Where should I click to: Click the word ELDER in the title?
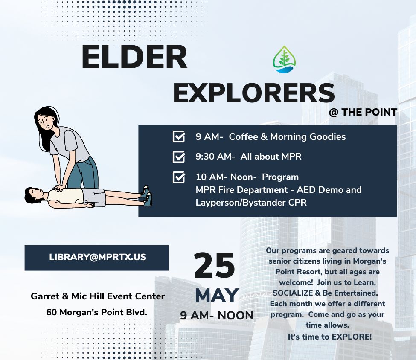pyautogui.click(x=134, y=57)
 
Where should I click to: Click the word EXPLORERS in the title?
pyautogui.click(x=254, y=93)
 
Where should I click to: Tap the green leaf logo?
pyautogui.click(x=285, y=59)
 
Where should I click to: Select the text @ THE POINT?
pyautogui.click(x=363, y=112)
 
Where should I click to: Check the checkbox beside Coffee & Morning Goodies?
pyautogui.click(x=179, y=136)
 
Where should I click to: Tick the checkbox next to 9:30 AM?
pyautogui.click(x=179, y=157)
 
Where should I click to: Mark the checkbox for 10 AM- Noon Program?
pyautogui.click(x=179, y=177)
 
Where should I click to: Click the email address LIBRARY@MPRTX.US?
pyautogui.click(x=98, y=257)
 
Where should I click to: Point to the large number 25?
pyautogui.click(x=214, y=266)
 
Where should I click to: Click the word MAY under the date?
pyautogui.click(x=217, y=295)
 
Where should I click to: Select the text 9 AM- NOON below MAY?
pyautogui.click(x=217, y=316)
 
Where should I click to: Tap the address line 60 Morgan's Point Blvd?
pyautogui.click(x=96, y=312)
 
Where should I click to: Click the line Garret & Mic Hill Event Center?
pyautogui.click(x=98, y=296)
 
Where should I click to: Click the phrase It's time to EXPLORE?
pyautogui.click(x=330, y=337)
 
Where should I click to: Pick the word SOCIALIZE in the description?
pyautogui.click(x=293, y=293)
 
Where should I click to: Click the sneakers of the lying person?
pyautogui.click(x=146, y=195)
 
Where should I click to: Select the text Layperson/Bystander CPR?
pyautogui.click(x=251, y=203)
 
